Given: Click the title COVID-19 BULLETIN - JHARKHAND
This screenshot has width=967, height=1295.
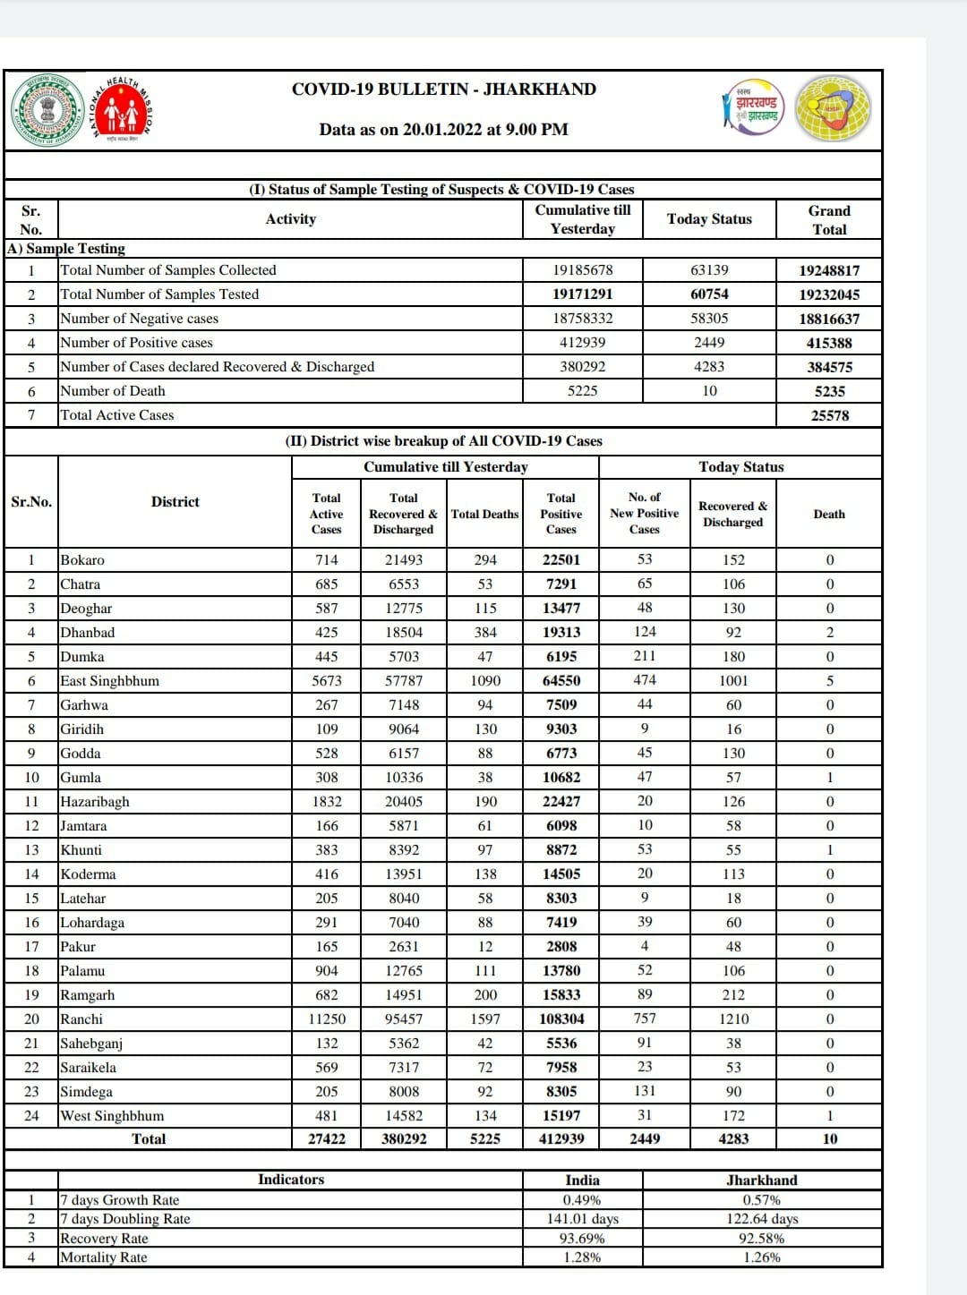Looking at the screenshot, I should point(443,89).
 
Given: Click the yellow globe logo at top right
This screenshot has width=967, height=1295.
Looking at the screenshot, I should point(833,108).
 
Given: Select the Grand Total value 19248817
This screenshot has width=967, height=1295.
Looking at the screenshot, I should point(829,270).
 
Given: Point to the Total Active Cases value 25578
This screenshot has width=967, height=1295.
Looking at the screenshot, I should point(829,415).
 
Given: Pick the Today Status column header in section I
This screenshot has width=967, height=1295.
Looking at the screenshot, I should point(709,219).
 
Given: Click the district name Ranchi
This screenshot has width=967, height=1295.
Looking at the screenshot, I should point(81,1019).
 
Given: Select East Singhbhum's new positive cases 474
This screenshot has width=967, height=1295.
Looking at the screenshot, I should point(644,681).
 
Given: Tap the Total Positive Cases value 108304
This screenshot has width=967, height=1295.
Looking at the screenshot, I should point(561,1019).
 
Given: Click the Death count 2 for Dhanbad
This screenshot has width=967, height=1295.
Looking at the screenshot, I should point(829,633).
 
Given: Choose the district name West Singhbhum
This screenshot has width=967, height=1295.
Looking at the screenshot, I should point(112,1116).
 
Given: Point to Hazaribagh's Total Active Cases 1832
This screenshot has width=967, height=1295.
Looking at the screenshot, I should point(326,802).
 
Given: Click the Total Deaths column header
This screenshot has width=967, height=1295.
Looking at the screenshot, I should point(484,515).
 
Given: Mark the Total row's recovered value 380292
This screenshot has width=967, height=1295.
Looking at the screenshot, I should point(403,1139).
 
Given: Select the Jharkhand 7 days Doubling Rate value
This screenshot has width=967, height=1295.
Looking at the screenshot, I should point(761,1219).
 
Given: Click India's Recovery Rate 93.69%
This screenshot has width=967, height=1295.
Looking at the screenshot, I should point(582,1239).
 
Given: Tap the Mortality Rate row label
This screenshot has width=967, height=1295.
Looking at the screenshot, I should point(104,1257).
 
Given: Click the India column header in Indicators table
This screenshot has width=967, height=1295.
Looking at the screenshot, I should point(582,1180).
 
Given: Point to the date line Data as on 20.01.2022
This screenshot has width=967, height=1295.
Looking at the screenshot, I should point(443,130).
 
